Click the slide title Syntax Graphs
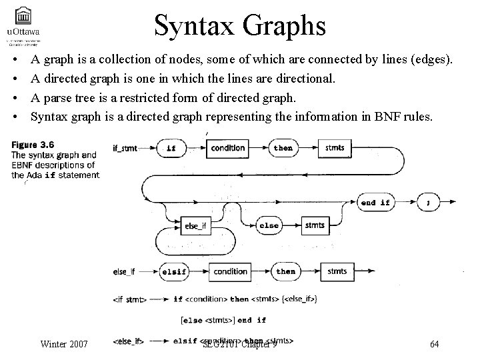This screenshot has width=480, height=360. pyautogui.click(x=239, y=26)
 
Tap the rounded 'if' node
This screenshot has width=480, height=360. pyautogui.click(x=171, y=148)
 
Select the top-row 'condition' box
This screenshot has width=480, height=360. pyautogui.click(x=228, y=148)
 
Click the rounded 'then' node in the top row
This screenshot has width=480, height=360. pyautogui.click(x=283, y=148)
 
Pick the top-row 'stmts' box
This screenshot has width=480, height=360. pyautogui.click(x=335, y=148)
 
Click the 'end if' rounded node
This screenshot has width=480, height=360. pyautogui.click(x=375, y=202)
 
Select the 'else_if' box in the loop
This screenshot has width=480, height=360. pyautogui.click(x=195, y=227)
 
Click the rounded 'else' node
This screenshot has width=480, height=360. pyautogui.click(x=269, y=225)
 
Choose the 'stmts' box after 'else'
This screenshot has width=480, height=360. pyautogui.click(x=315, y=225)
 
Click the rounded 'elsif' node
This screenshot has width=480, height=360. pyautogui.click(x=174, y=272)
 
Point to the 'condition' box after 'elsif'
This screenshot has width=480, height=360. pyautogui.click(x=231, y=272)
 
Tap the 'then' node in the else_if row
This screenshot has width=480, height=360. pyautogui.click(x=286, y=272)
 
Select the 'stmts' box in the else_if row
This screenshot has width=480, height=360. pyautogui.click(x=337, y=272)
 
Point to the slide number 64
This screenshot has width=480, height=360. pyautogui.click(x=434, y=344)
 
